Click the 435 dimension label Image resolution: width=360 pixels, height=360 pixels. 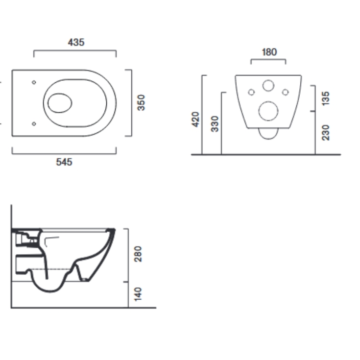[x=76, y=43]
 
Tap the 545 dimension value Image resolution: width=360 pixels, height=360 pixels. [x=64, y=162]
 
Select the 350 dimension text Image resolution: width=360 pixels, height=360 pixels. [x=141, y=103]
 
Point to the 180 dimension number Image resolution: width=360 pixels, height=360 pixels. [x=268, y=52]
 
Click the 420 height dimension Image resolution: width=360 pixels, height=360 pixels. [x=196, y=120]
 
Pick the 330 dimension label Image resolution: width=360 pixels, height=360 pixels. [x=215, y=123]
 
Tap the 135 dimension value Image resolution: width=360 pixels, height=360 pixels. [x=326, y=98]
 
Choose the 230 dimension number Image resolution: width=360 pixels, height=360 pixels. [x=326, y=132]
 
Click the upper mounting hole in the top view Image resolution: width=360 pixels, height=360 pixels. [x=34, y=82]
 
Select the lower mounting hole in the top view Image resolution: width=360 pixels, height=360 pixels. [x=34, y=124]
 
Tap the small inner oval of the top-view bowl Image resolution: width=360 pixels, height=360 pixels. [x=60, y=103]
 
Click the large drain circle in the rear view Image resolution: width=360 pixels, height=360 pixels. [x=268, y=111]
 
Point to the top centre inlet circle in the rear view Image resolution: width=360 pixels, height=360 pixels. [x=268, y=86]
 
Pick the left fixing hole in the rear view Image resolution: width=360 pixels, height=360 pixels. [x=251, y=92]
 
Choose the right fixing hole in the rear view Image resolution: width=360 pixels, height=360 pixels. [x=285, y=92]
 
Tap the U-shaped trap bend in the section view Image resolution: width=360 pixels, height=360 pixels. [x=49, y=287]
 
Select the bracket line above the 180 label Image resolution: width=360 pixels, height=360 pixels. [x=268, y=60]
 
